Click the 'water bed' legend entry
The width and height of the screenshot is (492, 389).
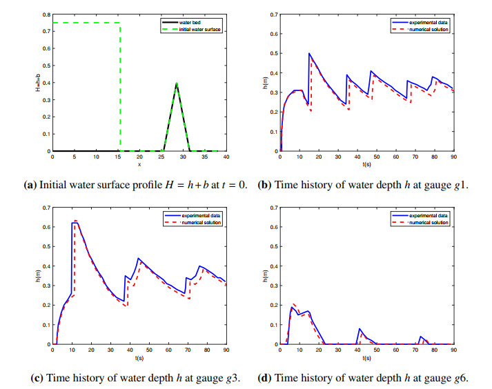pos(190,22)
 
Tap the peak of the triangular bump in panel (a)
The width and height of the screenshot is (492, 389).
pos(177,83)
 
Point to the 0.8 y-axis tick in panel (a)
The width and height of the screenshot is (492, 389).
pos(47,14)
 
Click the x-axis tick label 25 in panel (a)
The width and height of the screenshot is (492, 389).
pos(161,157)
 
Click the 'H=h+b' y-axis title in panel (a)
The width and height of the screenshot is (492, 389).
pos(38,83)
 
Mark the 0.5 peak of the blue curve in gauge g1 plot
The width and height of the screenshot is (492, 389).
pos(309,53)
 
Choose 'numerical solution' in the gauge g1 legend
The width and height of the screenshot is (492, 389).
pos(429,30)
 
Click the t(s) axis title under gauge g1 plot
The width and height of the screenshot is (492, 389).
pos(367,164)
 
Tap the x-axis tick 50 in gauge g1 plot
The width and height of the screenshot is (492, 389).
pos(377,157)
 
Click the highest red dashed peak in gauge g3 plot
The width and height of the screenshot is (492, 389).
pos(75,221)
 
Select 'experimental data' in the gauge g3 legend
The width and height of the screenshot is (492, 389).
pos(201,215)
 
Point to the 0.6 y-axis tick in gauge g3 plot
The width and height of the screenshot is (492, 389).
pos(47,227)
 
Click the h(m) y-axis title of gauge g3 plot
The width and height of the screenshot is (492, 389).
pos(38,276)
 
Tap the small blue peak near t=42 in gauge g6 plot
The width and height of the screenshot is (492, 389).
pos(360,329)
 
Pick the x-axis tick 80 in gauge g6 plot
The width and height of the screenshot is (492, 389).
pos(434,350)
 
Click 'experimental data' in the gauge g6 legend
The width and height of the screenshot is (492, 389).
pos(429,215)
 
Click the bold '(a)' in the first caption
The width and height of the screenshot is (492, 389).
pos(30,185)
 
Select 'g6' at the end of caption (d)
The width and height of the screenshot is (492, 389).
pos(461,378)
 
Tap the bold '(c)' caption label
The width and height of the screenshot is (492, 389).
pos(37,378)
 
